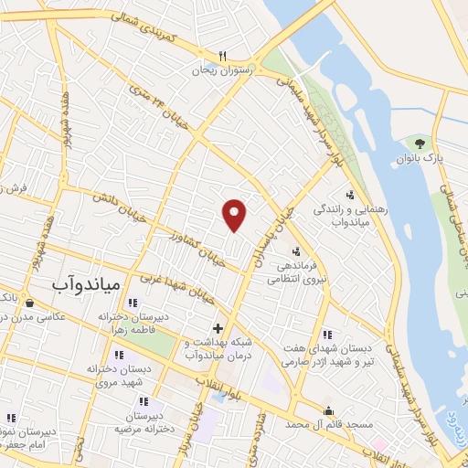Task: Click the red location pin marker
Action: (235, 214)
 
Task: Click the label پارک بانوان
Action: (420, 159)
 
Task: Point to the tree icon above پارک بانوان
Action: (420, 143)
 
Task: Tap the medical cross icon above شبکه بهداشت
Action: (218, 327)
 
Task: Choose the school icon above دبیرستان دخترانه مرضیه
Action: (144, 400)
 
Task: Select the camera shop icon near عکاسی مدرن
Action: (30, 303)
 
